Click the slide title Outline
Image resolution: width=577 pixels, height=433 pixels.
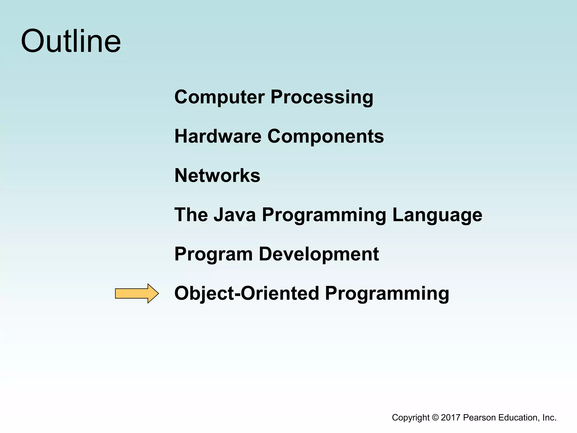tap(71, 41)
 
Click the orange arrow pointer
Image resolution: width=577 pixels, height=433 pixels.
tap(137, 293)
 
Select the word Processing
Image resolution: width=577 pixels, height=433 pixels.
tap(322, 97)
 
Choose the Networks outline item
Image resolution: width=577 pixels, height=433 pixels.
tap(217, 176)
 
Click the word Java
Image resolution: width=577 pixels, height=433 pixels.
tap(234, 215)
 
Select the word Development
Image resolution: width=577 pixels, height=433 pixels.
tap(319, 254)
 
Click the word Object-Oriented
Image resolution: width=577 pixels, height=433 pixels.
tap(247, 293)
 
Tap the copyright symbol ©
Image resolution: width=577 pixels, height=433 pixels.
tap(435, 417)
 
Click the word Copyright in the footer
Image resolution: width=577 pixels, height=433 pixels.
tap(411, 418)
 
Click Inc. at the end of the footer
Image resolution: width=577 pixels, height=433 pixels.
tap(550, 417)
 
